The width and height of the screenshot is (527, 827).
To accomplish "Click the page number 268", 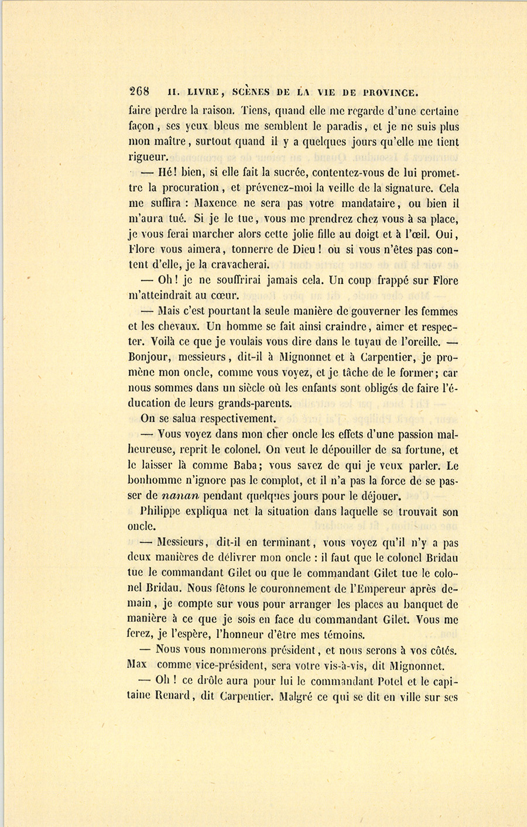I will (139, 91).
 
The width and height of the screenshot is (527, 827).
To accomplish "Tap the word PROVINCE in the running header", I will (391, 92).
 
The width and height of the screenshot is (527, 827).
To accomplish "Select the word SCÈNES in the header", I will (251, 92).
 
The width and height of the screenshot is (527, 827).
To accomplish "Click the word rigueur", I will (148, 157).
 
